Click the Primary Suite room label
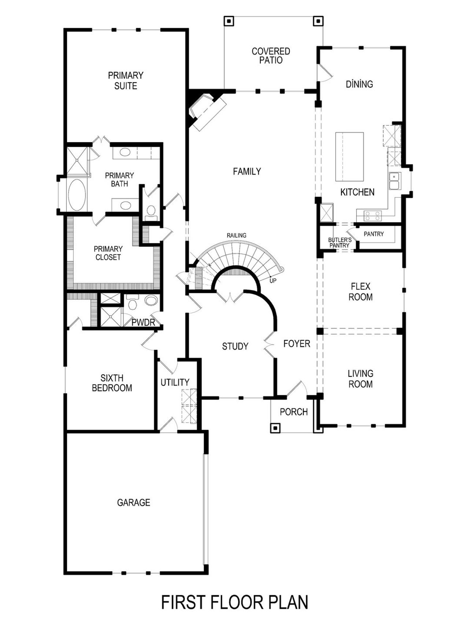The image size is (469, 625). tap(125, 81)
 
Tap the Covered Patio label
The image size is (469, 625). tap(271, 56)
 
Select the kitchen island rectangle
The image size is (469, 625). tap(350, 157)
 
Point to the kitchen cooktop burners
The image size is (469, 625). tap(373, 216)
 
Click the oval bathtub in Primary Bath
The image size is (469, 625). tap(77, 195)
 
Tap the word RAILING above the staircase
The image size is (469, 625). tap(236, 235)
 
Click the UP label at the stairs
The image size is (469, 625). tap(273, 281)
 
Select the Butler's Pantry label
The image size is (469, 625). tap(340, 242)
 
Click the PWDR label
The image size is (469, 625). tap(143, 323)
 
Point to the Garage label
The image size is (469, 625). tap(133, 502)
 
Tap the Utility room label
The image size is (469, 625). tap(175, 382)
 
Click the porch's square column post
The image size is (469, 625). tap(275, 428)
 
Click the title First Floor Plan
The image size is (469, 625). tap(234, 602)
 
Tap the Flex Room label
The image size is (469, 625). tap(361, 291)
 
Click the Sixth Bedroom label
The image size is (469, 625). tap(112, 383)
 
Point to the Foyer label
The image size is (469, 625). tap(297, 343)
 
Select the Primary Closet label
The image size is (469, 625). tap(108, 253)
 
